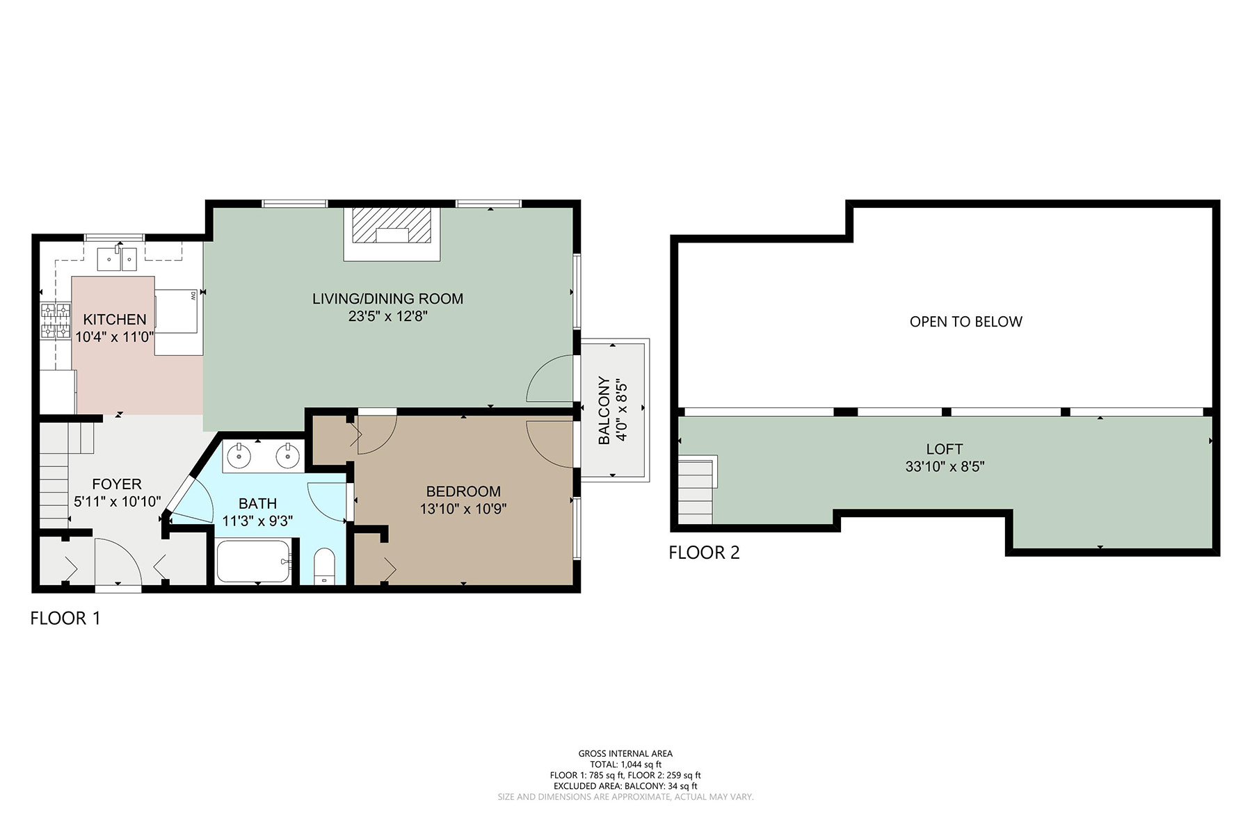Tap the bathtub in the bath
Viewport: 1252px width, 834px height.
253,562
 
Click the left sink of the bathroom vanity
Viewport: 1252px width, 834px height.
239,457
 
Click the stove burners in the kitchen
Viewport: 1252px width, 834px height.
56,320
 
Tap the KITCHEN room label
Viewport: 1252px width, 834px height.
115,320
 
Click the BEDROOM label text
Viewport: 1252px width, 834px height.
463,491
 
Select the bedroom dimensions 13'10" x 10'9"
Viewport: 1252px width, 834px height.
463,509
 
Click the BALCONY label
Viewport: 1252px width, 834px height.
604,411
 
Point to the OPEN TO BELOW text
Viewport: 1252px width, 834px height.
966,322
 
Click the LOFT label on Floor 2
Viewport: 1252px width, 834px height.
945,449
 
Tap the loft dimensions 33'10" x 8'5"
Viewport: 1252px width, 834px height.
945,466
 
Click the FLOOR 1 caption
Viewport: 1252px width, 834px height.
65,618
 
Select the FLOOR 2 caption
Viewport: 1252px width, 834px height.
704,553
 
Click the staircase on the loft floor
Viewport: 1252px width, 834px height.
697,490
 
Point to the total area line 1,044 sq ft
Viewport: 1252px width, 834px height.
625,764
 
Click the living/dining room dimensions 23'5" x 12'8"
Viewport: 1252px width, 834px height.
387,316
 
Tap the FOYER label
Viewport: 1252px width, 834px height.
117,484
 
